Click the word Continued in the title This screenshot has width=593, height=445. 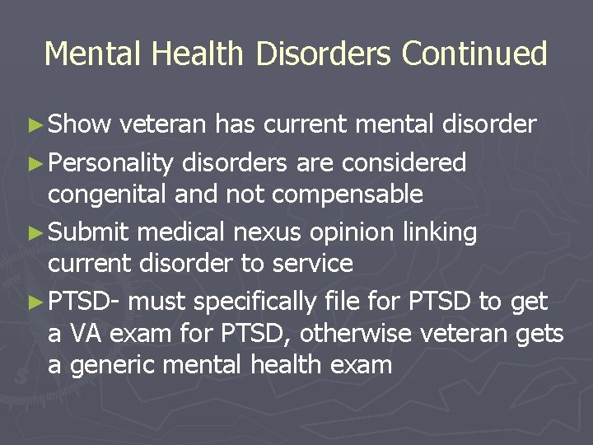point(474,54)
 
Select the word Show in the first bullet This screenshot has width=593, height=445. point(79,124)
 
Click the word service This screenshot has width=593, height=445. point(306,264)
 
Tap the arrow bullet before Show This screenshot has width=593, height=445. point(37,125)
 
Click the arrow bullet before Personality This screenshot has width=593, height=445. point(37,163)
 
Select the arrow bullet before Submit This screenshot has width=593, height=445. point(37,233)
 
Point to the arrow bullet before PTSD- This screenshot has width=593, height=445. point(37,302)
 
